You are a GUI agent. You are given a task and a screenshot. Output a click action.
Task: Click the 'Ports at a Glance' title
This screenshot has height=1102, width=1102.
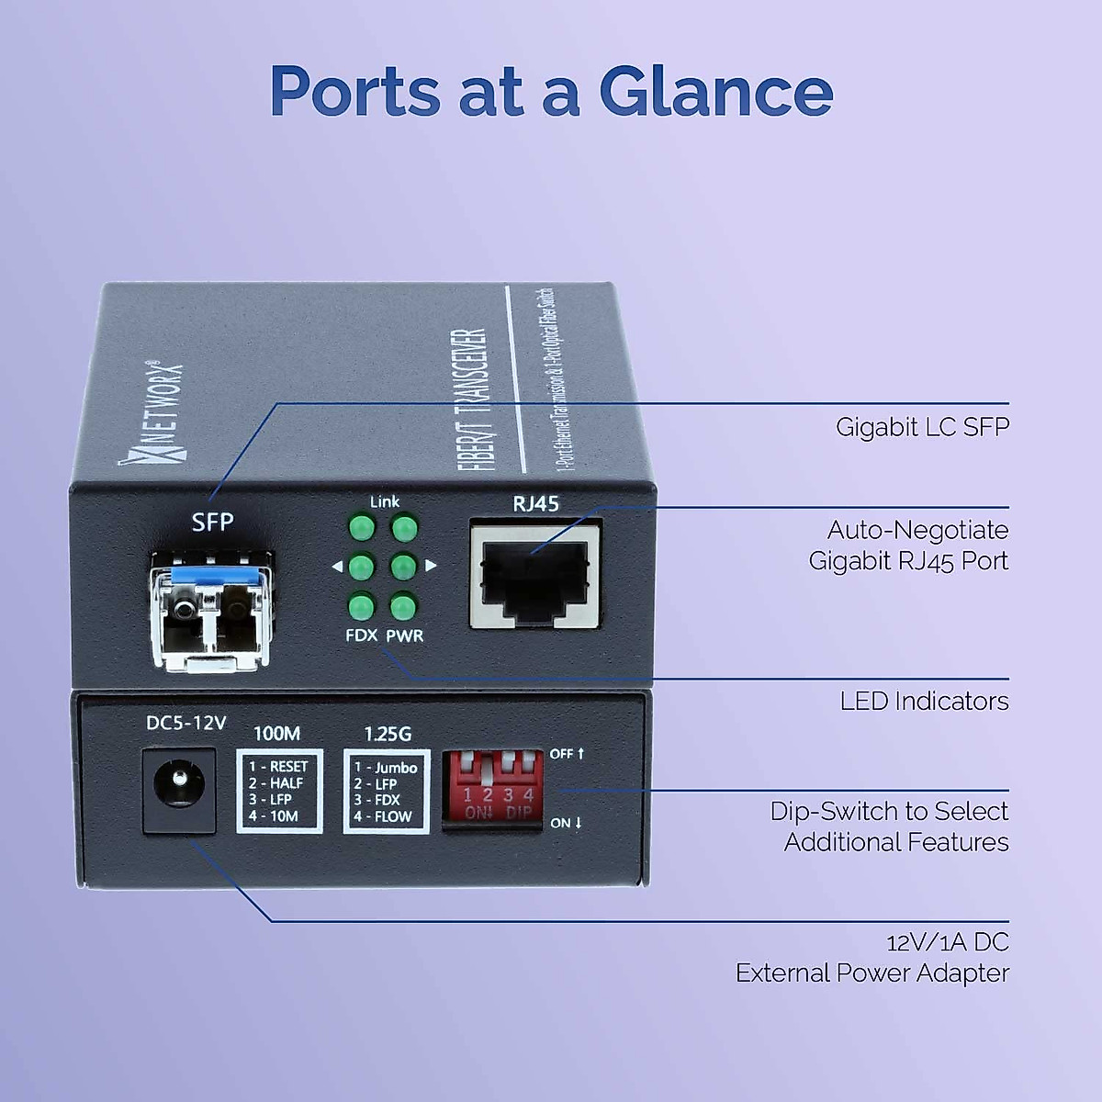(x=551, y=92)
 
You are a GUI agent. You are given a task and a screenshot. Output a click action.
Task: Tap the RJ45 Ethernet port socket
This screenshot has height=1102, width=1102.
(x=535, y=576)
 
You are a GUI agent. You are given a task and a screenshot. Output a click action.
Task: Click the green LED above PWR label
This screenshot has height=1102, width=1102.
(x=404, y=607)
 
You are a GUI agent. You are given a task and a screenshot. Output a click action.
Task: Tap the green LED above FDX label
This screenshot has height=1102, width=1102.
(x=361, y=607)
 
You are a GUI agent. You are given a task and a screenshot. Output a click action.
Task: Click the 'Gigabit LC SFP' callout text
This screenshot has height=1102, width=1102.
(x=921, y=427)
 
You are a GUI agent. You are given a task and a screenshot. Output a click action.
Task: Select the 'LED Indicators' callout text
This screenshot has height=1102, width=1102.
(x=923, y=702)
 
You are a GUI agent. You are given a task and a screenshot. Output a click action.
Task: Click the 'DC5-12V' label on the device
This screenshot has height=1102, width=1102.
(x=186, y=724)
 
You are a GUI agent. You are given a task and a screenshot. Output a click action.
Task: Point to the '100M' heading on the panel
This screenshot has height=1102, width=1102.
(x=276, y=734)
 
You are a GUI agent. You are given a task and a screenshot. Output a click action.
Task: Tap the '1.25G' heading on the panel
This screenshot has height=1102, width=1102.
(x=388, y=734)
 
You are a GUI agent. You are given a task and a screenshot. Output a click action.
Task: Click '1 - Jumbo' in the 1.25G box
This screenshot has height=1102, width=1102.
(x=386, y=768)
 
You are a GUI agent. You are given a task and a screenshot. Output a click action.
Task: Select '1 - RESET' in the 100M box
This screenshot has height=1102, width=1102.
(x=278, y=767)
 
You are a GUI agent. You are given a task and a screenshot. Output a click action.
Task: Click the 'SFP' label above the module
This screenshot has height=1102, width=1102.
(x=212, y=523)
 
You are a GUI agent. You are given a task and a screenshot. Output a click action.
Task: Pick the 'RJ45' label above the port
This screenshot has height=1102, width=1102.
(x=535, y=503)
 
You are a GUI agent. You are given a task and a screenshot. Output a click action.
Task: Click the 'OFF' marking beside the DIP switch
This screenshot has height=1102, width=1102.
(x=562, y=754)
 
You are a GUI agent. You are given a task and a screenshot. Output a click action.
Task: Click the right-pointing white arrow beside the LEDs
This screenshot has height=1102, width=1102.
(x=431, y=566)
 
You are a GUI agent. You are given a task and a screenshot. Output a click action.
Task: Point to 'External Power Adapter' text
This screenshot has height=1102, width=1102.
(x=871, y=973)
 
